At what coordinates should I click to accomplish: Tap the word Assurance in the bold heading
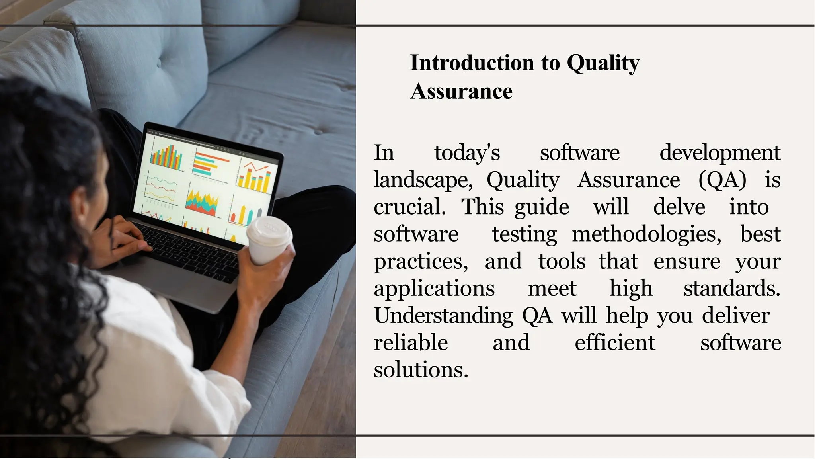click(461, 91)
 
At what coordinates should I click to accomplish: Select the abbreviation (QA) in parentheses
click(722, 180)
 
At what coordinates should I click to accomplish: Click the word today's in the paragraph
click(467, 153)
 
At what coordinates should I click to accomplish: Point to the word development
click(719, 153)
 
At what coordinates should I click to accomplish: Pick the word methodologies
click(646, 234)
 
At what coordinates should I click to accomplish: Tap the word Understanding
click(443, 316)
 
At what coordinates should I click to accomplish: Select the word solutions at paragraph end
click(421, 370)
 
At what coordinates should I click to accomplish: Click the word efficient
click(614, 343)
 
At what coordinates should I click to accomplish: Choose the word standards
click(731, 289)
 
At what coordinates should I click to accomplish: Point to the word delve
click(679, 207)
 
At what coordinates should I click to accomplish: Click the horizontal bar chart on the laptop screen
click(209, 163)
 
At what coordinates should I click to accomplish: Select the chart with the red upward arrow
click(255, 175)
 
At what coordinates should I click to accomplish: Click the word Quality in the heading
click(602, 63)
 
